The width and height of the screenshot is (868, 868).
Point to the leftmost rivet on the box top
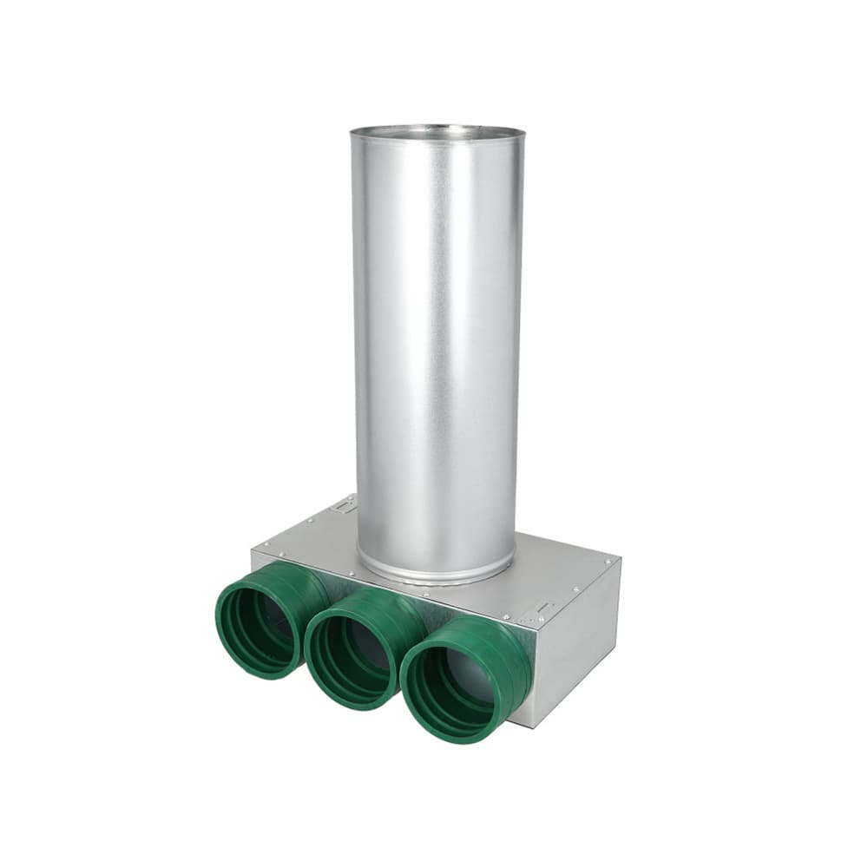(x=266, y=544)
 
